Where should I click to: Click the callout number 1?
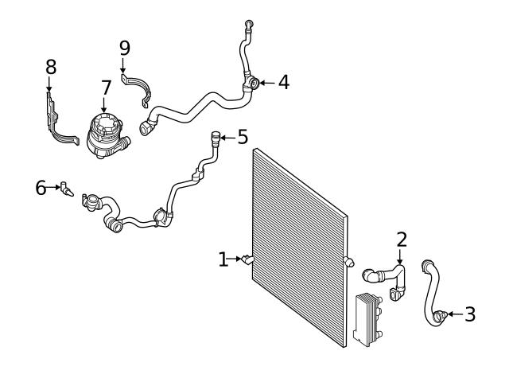(223, 259)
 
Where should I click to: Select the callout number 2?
(402, 238)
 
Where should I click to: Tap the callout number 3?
(470, 314)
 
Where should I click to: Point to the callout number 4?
(283, 82)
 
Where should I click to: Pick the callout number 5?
(243, 138)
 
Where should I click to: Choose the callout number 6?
(41, 188)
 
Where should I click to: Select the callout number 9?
(124, 48)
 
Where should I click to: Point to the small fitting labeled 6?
(66, 189)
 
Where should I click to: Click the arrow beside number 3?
(454, 314)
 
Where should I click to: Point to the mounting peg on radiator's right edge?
(348, 261)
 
